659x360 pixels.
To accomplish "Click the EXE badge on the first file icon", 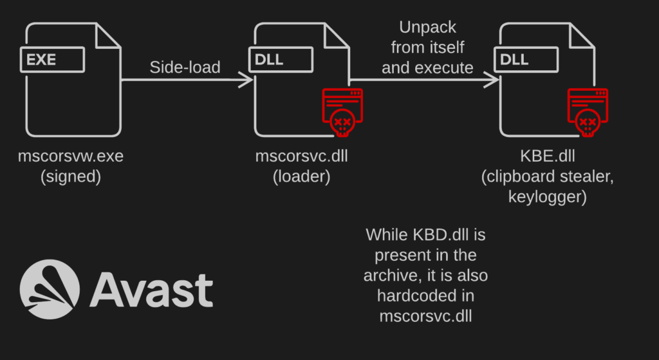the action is (53, 60).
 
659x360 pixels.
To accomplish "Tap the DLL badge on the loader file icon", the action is (281, 60).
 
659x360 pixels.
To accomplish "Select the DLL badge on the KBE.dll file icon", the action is (526, 60).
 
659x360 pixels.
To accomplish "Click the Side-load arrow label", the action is (185, 67).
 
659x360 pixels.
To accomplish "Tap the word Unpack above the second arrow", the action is (427, 28).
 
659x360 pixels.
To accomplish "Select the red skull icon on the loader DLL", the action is (342, 112).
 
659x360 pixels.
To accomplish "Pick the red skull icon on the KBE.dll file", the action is (588, 112).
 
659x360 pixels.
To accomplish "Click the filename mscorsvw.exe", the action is (71, 156).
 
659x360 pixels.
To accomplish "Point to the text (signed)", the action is (71, 177).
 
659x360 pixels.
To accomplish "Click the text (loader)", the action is (301, 177).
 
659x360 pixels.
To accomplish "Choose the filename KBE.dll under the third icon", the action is (547, 156).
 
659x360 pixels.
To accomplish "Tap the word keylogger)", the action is (547, 197).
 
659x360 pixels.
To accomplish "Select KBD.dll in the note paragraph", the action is (436, 234).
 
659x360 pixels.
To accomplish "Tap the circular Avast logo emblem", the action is (50, 289).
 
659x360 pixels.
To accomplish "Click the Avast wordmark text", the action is (151, 290).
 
